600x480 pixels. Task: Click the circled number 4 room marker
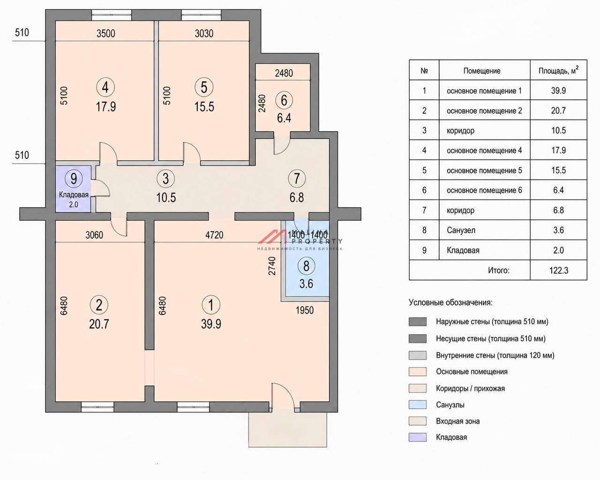point(105,87)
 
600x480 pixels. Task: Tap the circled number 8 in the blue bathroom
point(306,266)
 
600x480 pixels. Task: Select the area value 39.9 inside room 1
point(211,324)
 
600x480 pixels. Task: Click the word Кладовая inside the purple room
point(74,195)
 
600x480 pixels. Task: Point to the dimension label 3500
point(105,33)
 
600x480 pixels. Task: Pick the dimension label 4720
point(214,235)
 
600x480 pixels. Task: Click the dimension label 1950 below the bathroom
point(305,310)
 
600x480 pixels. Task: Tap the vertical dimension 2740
point(272,266)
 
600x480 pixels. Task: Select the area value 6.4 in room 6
point(284,118)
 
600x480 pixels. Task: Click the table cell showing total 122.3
point(558,270)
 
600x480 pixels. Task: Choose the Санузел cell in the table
point(485,230)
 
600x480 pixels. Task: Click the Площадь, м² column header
point(558,70)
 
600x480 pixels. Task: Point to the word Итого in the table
point(498,270)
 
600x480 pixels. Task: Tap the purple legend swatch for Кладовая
point(417,437)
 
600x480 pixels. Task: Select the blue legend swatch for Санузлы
point(417,405)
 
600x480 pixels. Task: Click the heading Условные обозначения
point(450,302)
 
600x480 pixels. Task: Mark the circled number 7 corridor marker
point(296,179)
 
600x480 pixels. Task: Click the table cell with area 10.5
point(558,130)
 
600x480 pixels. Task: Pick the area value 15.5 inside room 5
point(204,107)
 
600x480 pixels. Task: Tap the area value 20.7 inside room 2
point(99,324)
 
